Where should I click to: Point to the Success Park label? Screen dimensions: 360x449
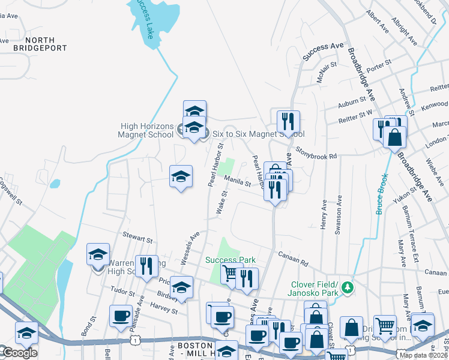point(231,260)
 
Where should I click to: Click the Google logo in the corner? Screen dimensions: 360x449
point(19,353)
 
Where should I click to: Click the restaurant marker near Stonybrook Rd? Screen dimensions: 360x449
point(288,122)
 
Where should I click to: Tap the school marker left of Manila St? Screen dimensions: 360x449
point(181,176)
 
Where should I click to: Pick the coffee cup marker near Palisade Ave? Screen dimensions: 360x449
point(121,316)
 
